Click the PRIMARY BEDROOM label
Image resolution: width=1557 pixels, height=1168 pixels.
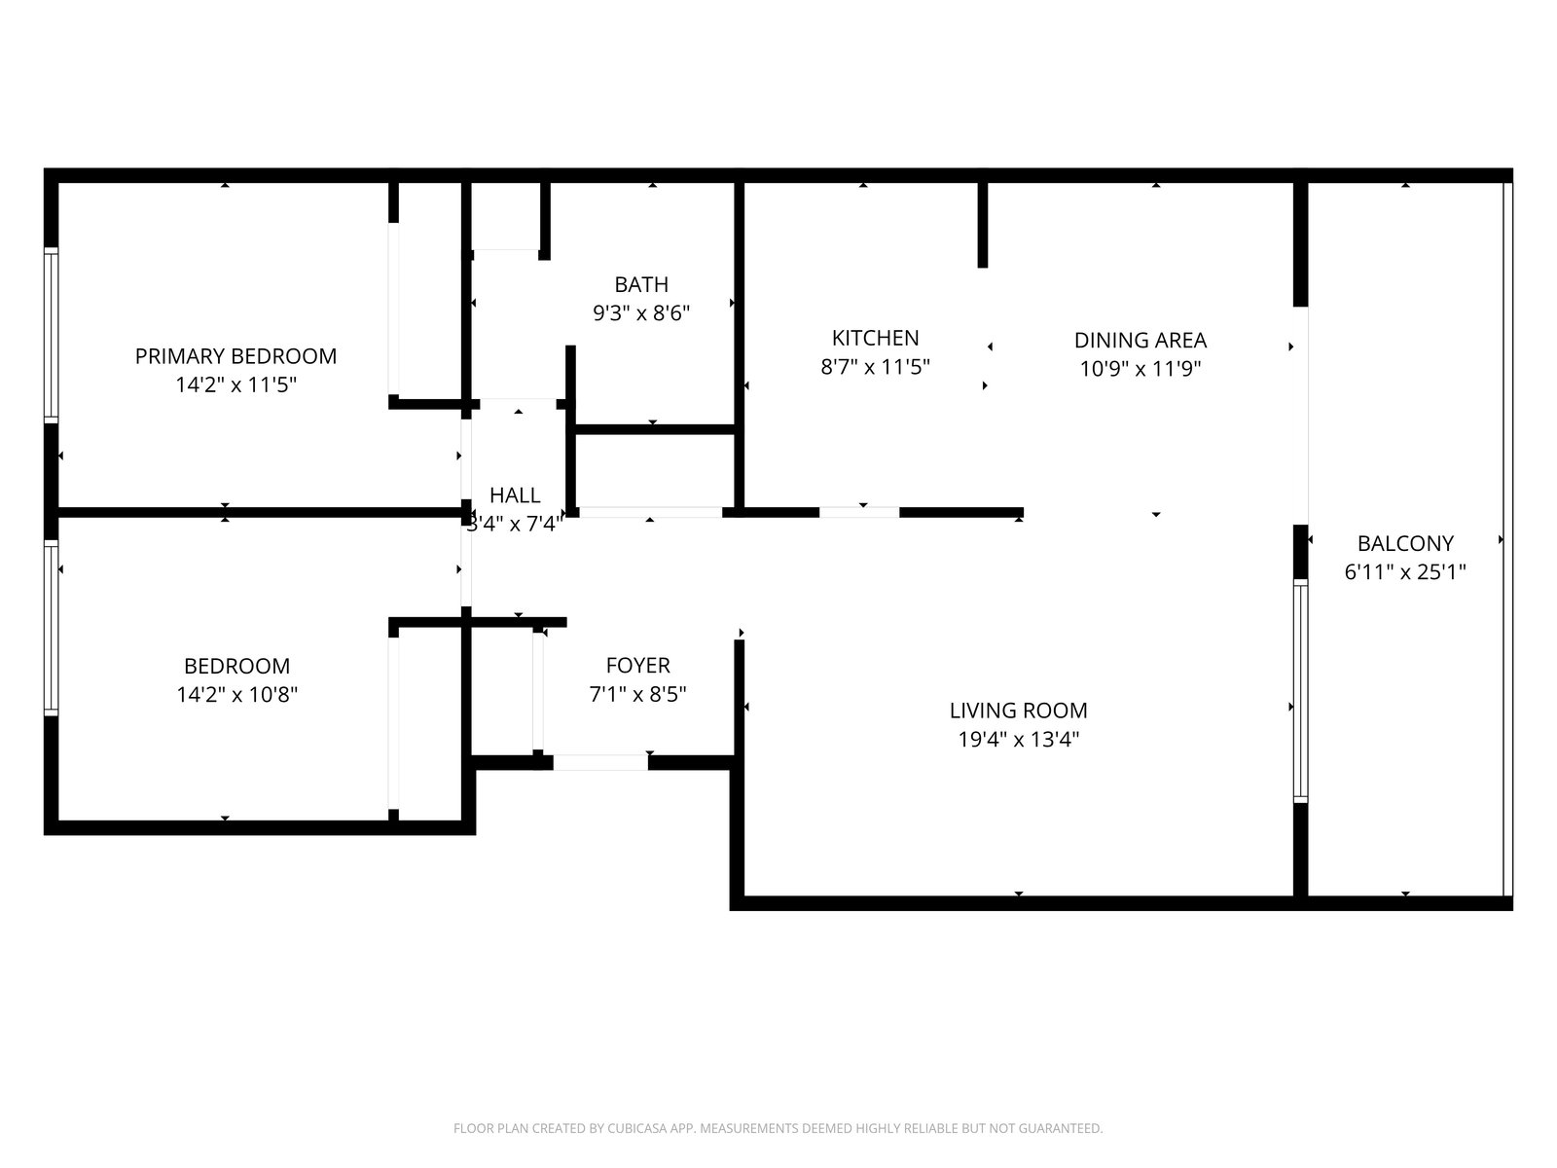(x=235, y=356)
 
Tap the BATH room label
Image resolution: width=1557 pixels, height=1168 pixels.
(x=641, y=284)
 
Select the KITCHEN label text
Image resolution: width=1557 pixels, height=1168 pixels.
(x=875, y=339)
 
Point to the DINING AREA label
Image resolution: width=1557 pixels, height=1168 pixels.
(x=1140, y=341)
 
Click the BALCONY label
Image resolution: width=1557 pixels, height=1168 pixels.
(x=1405, y=543)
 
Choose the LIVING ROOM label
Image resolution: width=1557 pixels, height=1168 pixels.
(x=1018, y=711)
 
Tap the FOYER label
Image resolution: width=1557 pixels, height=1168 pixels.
(x=637, y=665)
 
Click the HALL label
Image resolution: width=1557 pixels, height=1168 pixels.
(x=515, y=495)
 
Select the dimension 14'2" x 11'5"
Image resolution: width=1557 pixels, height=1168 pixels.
(x=235, y=385)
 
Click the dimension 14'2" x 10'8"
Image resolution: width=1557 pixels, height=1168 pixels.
(x=236, y=694)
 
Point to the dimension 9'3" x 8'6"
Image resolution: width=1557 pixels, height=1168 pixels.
(x=641, y=312)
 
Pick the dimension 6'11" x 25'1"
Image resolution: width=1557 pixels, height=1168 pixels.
(x=1405, y=571)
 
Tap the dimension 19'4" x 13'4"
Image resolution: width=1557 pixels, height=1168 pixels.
(x=1019, y=740)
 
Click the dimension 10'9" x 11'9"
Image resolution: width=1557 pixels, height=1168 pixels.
(x=1140, y=369)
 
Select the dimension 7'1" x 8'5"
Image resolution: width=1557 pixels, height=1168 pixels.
(x=637, y=694)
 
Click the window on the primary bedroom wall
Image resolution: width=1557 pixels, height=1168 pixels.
(x=51, y=336)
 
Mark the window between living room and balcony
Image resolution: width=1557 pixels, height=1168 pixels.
(x=1300, y=691)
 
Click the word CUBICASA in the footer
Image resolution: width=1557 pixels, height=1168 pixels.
(x=637, y=1128)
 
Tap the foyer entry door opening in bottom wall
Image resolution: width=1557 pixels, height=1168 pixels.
(x=600, y=762)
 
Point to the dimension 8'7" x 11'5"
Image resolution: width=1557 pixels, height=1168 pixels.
(x=875, y=367)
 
